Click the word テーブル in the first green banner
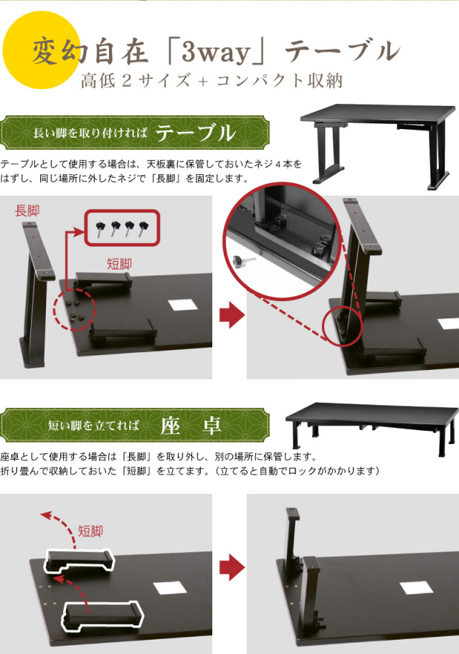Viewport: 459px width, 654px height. pos(196,133)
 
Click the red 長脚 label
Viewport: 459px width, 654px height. pos(28,210)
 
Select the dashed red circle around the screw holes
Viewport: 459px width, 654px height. pos(74,311)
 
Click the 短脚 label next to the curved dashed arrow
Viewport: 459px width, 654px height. pos(90,531)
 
